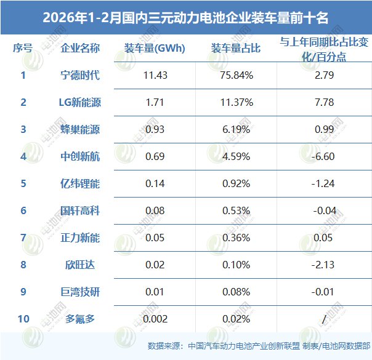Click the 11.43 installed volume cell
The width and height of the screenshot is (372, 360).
pos(153,76)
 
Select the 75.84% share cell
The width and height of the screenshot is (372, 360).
pos(238,76)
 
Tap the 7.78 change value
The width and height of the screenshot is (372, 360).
pos(324,102)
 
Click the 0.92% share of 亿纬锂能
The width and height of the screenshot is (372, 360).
pos(237,183)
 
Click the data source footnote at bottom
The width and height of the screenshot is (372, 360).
pos(259,346)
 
